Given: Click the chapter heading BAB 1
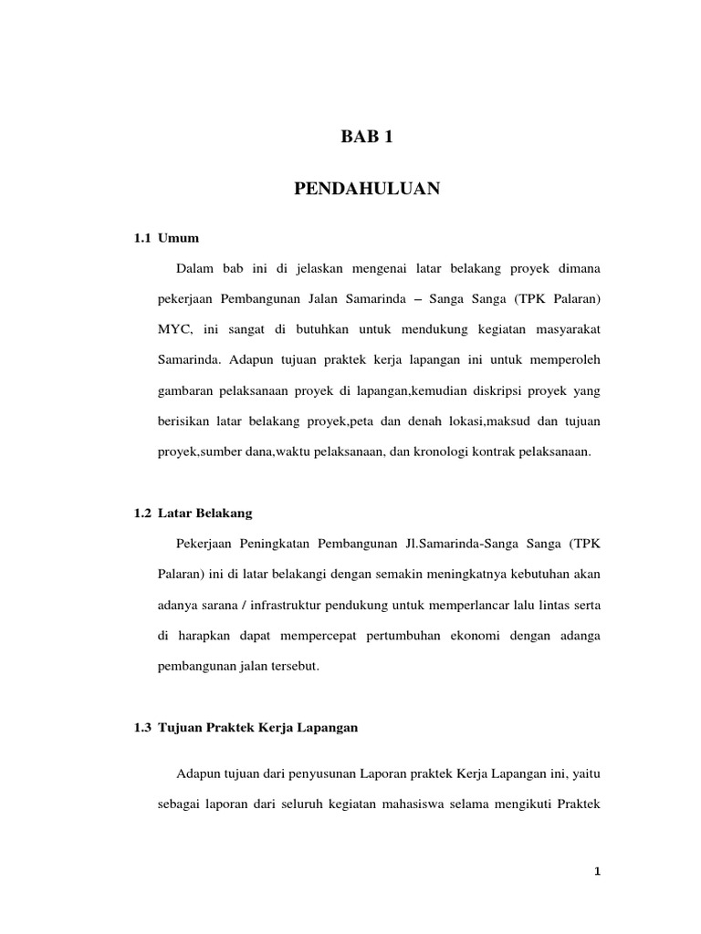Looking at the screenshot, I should tap(367, 139).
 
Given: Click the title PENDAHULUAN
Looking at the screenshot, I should tap(367, 189).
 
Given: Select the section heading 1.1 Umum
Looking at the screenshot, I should tap(166, 238).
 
